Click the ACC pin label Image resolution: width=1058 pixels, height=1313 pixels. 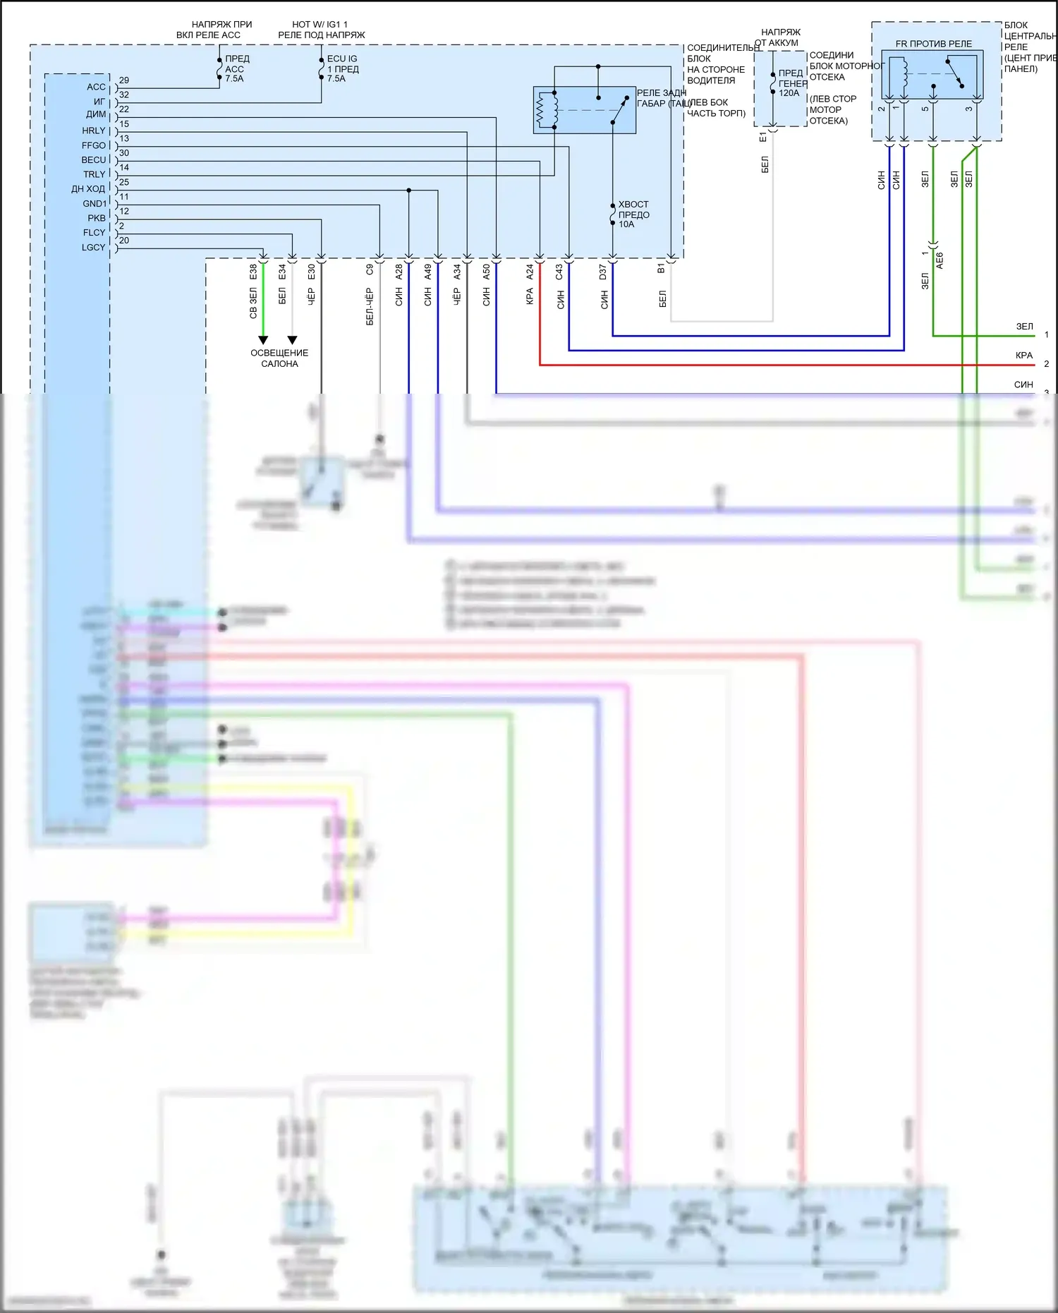pos(96,87)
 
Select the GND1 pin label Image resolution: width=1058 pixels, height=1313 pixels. pos(94,204)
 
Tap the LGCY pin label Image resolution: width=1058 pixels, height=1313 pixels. pos(93,248)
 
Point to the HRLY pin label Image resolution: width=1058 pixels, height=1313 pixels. pos(93,131)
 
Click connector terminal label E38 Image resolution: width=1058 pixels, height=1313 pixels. pos(253,272)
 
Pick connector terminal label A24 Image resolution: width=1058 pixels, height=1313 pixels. pos(530,272)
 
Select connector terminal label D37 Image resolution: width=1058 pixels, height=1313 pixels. pos(603,272)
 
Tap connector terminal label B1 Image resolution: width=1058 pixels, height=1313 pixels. pos(662,269)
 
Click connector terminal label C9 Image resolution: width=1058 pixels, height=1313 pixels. pos(370,270)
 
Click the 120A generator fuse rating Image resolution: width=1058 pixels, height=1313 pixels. pos(789,93)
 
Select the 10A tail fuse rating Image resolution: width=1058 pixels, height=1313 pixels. pos(626,224)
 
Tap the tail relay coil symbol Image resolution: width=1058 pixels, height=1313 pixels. pos(542,110)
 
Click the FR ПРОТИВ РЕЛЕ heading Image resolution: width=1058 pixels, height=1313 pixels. pos(933,44)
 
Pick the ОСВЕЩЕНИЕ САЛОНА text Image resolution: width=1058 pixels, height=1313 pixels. pos(279,358)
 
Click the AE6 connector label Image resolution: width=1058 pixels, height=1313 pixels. pos(940,260)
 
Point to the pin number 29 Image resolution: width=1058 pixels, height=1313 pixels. pos(124,80)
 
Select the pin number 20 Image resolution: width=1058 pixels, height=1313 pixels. pos(124,241)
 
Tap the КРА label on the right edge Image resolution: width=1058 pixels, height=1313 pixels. pos(1024,356)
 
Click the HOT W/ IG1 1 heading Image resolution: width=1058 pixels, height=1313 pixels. pos(320,25)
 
